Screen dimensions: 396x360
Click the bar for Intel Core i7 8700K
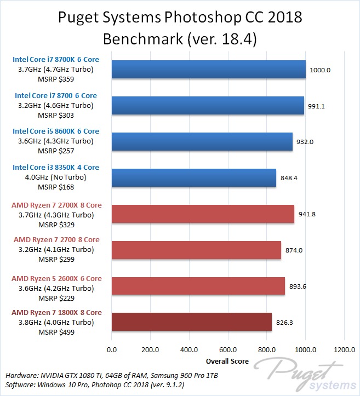click(208, 69)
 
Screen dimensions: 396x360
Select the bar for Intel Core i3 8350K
click(193, 177)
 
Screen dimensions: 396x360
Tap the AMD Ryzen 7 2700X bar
click(203, 214)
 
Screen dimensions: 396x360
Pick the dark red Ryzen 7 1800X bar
click(191, 322)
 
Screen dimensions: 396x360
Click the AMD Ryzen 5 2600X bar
click(198, 286)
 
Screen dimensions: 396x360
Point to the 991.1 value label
click(317, 106)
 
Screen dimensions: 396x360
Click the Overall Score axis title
click(227, 361)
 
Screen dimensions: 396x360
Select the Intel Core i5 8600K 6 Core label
click(56, 131)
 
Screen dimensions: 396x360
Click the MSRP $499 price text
click(56, 332)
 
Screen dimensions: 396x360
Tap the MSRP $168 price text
click(56, 187)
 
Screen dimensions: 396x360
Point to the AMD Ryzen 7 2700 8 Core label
click(56, 239)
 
